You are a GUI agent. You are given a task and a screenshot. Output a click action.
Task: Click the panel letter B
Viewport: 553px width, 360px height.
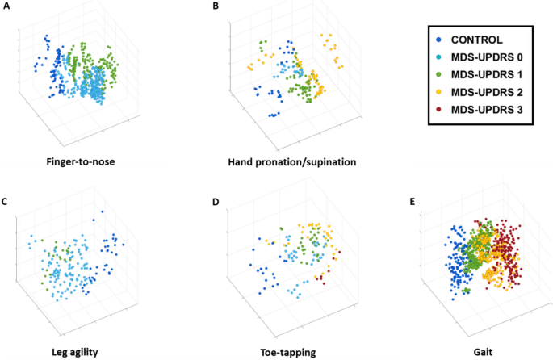click(216, 6)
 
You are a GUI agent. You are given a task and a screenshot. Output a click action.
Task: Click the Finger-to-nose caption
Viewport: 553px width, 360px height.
click(80, 161)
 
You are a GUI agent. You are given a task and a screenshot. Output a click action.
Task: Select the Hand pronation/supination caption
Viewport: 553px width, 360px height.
click(291, 161)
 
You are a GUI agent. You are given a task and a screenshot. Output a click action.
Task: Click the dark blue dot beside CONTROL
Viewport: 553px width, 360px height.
click(438, 39)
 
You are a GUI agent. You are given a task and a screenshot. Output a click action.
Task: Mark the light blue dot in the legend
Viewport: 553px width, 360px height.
click(438, 57)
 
